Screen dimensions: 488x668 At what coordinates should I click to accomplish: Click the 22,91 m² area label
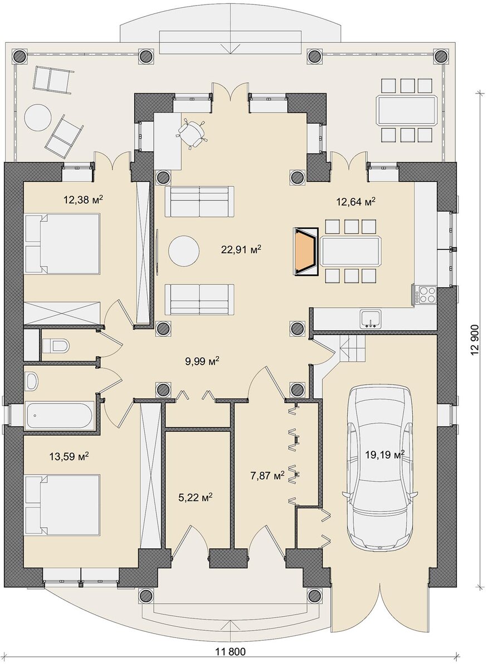[241, 249]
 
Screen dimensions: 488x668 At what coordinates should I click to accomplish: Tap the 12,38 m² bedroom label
[83, 199]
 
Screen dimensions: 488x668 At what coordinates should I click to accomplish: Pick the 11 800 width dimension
[231, 658]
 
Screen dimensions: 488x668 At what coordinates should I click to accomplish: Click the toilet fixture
[56, 346]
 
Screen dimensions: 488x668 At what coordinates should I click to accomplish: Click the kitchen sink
[370, 318]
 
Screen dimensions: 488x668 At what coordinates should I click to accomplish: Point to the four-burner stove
[426, 294]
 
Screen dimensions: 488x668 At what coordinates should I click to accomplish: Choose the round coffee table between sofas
[184, 251]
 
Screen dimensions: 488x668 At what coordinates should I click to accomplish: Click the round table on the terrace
[37, 117]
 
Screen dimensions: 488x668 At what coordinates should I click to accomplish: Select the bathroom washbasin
[31, 381]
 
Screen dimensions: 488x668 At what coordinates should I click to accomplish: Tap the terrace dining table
[407, 110]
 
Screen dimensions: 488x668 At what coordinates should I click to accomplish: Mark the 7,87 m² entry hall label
[267, 475]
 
